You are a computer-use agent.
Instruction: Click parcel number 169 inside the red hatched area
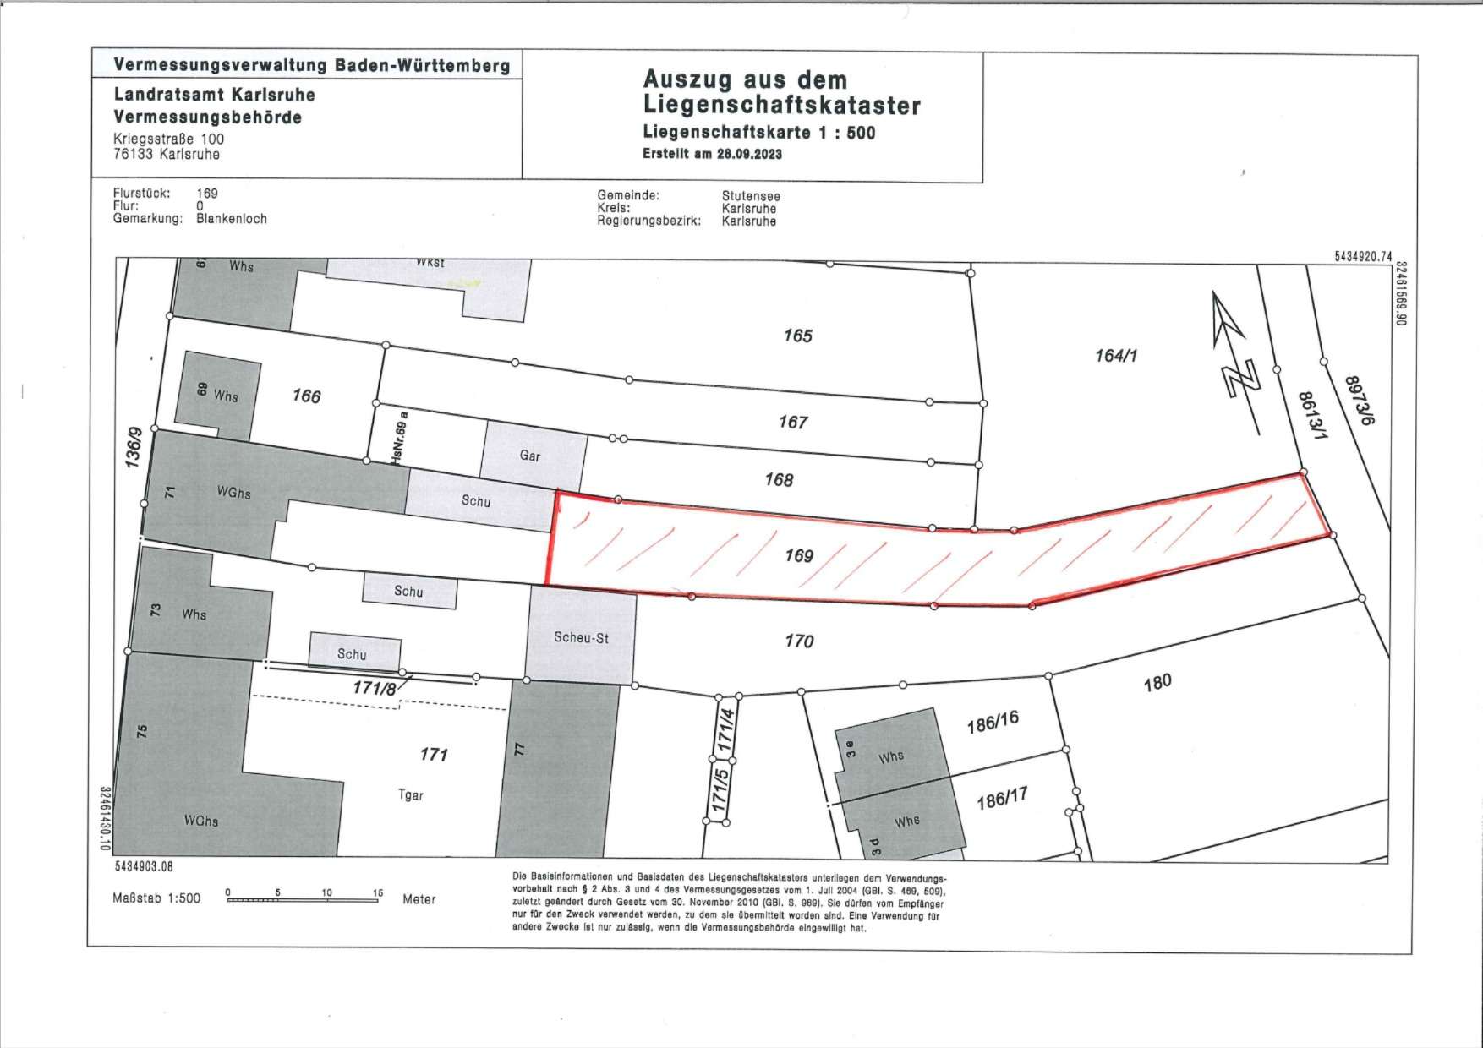tap(799, 555)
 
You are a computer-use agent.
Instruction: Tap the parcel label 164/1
tap(1116, 356)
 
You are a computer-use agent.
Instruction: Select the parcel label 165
tap(797, 336)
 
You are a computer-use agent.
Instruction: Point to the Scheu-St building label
tap(581, 638)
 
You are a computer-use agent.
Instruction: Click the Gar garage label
tap(530, 456)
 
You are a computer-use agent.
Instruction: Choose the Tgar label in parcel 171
tap(410, 795)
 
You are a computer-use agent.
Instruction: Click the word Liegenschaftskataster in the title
tap(781, 106)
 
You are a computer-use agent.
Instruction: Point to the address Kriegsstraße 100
tap(169, 139)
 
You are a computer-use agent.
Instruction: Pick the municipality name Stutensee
tap(751, 196)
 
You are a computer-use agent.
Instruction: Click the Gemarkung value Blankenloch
tap(232, 218)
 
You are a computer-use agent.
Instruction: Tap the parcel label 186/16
tap(993, 722)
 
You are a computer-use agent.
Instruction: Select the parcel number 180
tap(1157, 682)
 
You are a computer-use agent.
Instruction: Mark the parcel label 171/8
tap(375, 688)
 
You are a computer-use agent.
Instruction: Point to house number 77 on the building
tap(520, 749)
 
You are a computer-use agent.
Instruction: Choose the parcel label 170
tap(799, 641)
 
